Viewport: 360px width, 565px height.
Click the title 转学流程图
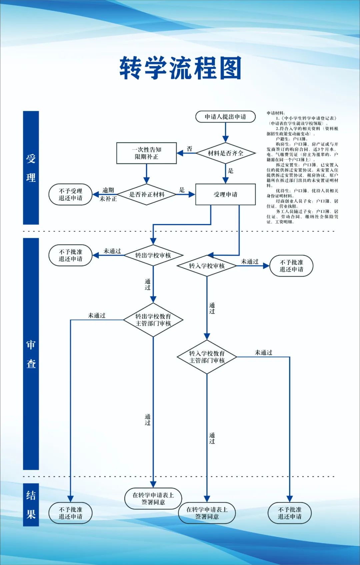(x=180, y=68)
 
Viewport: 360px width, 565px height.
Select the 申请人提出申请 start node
(x=225, y=117)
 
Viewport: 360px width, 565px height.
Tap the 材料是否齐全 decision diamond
(x=226, y=153)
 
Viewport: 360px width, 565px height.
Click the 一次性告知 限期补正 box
(x=146, y=153)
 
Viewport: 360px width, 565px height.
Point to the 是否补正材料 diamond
(x=147, y=195)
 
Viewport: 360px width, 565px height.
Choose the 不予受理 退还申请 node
(x=70, y=195)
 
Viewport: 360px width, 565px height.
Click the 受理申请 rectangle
(x=225, y=195)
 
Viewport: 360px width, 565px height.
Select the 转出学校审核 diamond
(x=153, y=256)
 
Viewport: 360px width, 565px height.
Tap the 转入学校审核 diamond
(x=207, y=266)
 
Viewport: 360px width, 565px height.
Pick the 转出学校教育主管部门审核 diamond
(x=153, y=320)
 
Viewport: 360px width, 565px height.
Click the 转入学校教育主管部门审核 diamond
(x=207, y=357)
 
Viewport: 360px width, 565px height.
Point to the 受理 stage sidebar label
(x=31, y=168)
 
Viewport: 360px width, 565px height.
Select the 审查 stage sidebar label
(x=31, y=354)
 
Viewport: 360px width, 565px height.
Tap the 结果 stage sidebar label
(x=31, y=505)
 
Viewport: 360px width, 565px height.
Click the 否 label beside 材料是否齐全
(x=189, y=149)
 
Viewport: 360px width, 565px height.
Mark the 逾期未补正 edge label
(x=108, y=195)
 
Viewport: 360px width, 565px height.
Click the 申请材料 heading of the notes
(x=275, y=113)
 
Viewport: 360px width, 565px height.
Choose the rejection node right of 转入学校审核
(x=291, y=266)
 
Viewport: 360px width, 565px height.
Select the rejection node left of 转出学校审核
(x=70, y=256)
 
